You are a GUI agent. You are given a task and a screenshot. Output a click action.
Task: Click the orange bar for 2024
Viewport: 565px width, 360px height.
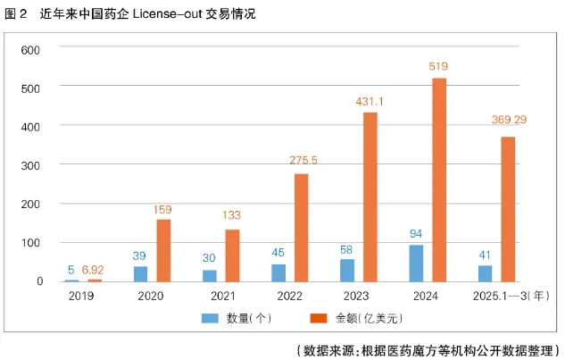(438, 180)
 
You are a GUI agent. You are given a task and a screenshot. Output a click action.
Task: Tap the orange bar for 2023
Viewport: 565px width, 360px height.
(370, 197)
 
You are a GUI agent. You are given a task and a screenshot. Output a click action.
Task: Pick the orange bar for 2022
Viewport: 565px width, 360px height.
(301, 227)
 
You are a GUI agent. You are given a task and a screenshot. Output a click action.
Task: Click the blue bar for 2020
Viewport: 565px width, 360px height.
(140, 273)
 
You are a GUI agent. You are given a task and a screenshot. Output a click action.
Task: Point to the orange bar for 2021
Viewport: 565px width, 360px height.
(232, 255)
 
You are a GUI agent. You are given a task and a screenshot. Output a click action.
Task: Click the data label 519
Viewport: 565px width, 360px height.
(438, 66)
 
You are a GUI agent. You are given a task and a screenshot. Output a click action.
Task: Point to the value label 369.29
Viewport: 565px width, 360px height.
(509, 120)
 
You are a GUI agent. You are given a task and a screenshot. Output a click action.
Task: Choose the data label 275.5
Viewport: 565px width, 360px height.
(303, 160)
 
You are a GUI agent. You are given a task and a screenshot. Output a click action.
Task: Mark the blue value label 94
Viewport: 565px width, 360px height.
(415, 234)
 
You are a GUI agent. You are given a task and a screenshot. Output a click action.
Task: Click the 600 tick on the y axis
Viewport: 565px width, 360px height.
(32, 49)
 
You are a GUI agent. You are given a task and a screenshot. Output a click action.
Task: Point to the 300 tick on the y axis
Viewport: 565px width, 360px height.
(32, 165)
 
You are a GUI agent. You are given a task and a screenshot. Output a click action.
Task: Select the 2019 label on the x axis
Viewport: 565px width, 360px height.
(81, 294)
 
